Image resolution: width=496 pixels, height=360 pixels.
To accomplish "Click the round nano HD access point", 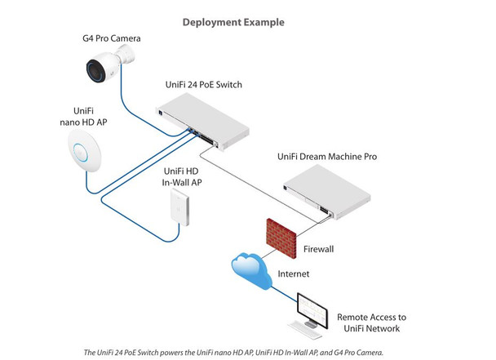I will [81, 153].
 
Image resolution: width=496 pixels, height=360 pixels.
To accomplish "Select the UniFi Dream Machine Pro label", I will [357, 155].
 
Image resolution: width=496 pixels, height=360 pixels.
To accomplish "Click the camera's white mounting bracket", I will [124, 55].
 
